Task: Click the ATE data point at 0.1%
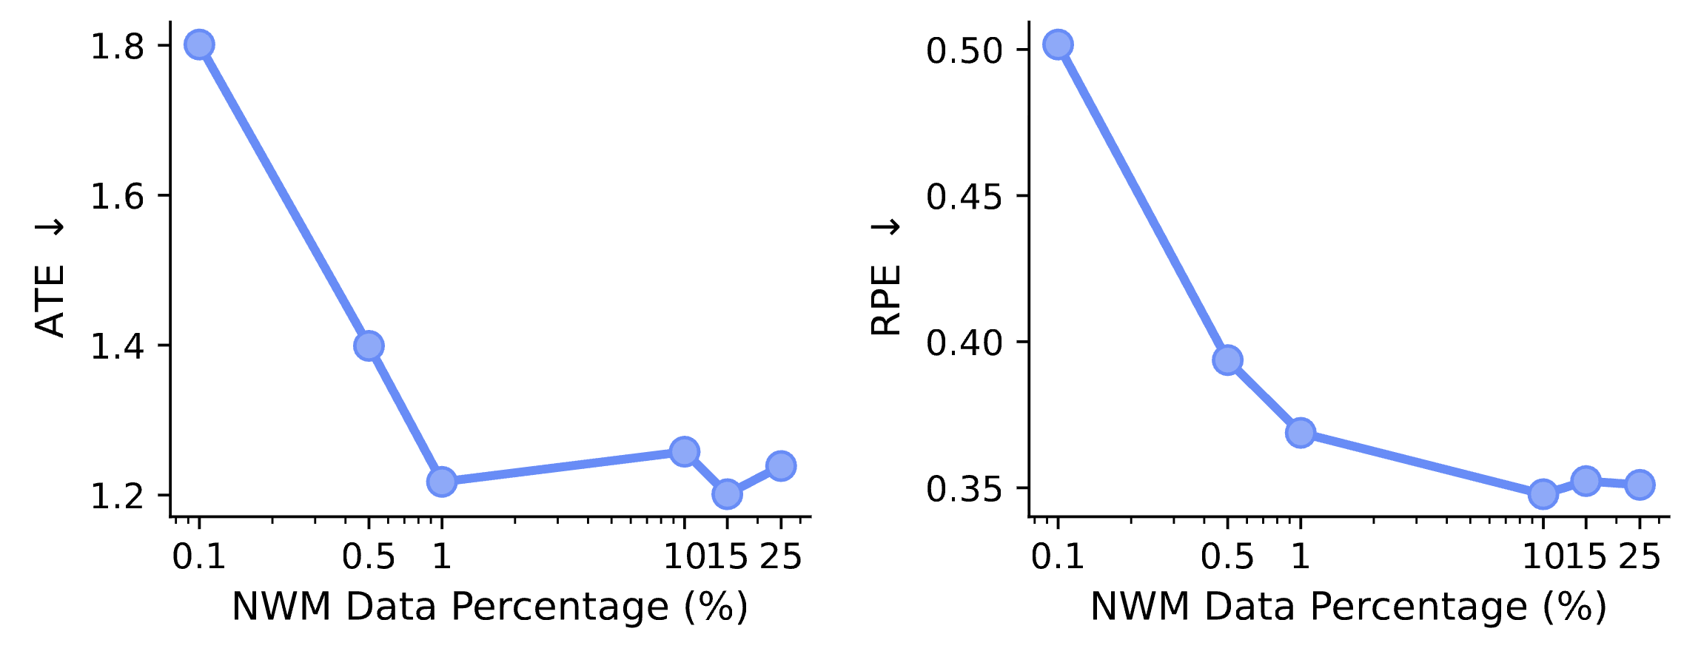pos(199,45)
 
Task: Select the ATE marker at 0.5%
pos(369,345)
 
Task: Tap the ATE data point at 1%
pos(442,482)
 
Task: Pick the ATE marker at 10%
pos(684,451)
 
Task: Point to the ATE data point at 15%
pos(727,493)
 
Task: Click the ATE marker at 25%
pos(781,466)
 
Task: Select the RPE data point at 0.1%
pos(1058,45)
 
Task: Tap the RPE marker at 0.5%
pos(1227,360)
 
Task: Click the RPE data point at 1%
pos(1301,432)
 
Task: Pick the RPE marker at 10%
pos(1543,493)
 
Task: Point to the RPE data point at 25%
pos(1640,485)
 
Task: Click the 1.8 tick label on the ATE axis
pos(117,47)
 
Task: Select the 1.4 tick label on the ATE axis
pos(117,346)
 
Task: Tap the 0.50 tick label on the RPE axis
pos(964,52)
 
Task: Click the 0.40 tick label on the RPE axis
pos(964,343)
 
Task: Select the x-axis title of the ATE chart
pos(490,607)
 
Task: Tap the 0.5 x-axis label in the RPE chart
pos(1227,556)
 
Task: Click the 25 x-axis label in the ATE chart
pos(781,556)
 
